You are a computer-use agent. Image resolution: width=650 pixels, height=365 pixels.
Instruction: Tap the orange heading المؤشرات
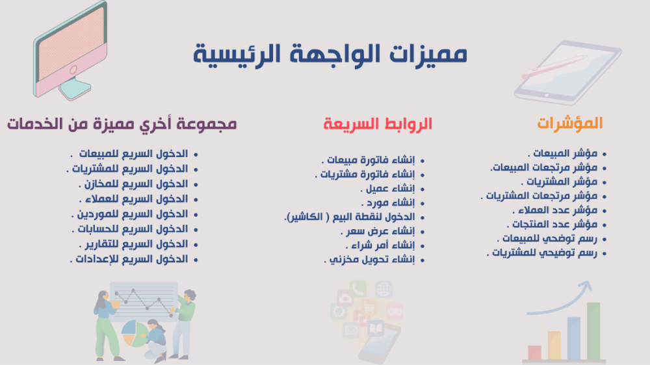(570, 123)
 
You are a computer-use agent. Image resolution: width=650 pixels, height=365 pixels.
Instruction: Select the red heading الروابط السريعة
(378, 124)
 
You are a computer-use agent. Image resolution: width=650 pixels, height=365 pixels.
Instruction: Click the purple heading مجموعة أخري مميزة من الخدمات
(122, 124)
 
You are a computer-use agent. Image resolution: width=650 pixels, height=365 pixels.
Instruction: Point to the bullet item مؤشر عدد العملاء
(554, 210)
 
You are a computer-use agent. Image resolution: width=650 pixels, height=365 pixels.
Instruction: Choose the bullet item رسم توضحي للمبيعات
(547, 238)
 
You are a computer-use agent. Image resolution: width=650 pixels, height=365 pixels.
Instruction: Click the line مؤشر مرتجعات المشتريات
(539, 196)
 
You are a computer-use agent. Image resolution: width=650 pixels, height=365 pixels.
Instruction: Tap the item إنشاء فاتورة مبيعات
(368, 160)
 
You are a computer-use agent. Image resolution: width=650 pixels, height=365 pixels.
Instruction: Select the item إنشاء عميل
(387, 188)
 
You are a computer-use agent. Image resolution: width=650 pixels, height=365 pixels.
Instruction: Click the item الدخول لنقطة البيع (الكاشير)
(350, 217)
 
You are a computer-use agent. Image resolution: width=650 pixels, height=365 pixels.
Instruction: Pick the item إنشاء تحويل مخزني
(369, 260)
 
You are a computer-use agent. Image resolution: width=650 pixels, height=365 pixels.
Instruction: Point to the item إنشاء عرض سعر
(378, 231)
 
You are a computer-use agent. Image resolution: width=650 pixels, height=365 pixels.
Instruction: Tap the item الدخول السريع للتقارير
(133, 244)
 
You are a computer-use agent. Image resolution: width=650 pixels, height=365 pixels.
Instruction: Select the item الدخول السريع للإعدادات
(129, 259)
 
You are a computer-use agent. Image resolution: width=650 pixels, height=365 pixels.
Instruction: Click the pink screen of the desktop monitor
(71, 42)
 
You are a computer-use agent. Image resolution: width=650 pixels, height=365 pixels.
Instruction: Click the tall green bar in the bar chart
(593, 331)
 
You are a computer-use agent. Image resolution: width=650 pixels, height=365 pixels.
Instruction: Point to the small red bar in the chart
(534, 353)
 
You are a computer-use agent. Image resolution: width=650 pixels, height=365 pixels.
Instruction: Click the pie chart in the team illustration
(135, 334)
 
